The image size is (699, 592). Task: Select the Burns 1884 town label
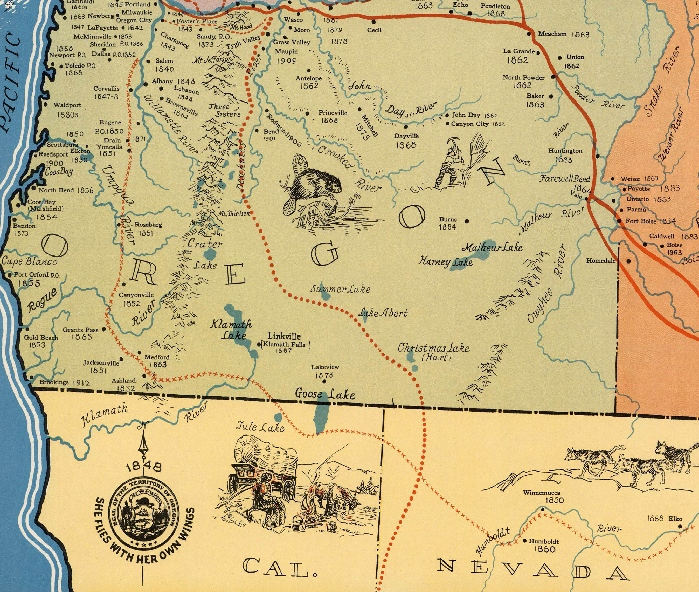click(448, 223)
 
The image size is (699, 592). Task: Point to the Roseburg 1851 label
click(148, 228)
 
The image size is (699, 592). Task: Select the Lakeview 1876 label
click(324, 371)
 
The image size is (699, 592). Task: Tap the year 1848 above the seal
click(144, 467)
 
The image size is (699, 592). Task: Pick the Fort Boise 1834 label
click(650, 221)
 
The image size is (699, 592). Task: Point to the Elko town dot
click(680, 527)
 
